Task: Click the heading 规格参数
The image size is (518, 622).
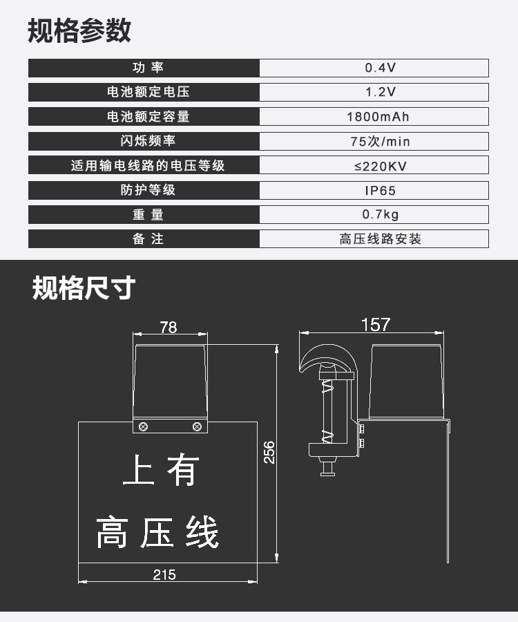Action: point(79,31)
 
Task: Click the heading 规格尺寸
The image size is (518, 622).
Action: point(84,288)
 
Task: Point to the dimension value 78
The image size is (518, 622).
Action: point(169,328)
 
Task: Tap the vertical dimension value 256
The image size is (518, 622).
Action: point(269,453)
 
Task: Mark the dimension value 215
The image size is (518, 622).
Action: point(164,574)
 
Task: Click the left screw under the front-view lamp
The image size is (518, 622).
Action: point(144,426)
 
